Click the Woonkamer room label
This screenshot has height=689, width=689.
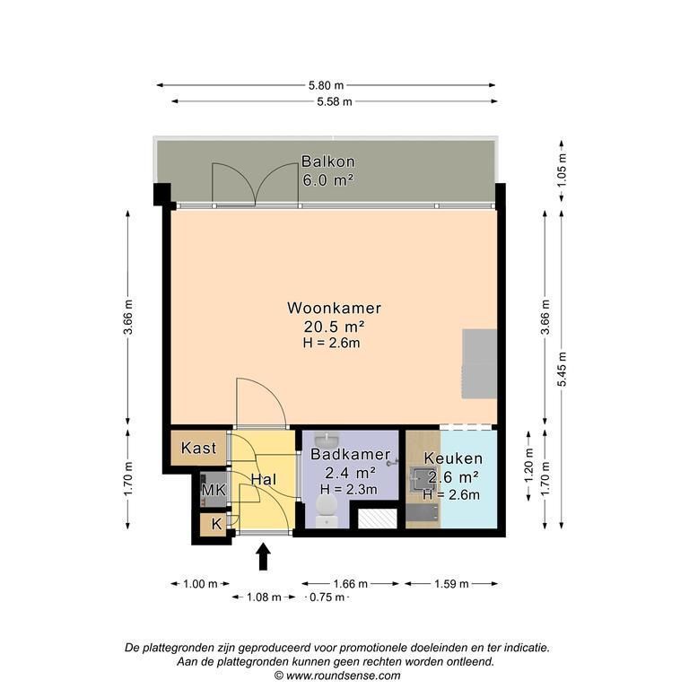click(x=334, y=308)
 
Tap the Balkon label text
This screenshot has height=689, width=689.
click(x=327, y=161)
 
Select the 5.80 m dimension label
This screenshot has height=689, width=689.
click(x=326, y=85)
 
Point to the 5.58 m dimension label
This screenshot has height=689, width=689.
click(x=335, y=102)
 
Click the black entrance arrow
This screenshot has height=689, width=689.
click(x=263, y=557)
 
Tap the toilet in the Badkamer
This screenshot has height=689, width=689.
click(x=327, y=510)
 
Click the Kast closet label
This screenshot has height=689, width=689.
click(x=198, y=449)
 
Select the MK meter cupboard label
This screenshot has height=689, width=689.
click(x=214, y=490)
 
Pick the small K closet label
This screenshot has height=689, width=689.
click(x=216, y=524)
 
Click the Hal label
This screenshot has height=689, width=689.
click(x=264, y=479)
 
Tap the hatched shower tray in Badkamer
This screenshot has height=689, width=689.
click(x=378, y=519)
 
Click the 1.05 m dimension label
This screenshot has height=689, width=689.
click(x=562, y=170)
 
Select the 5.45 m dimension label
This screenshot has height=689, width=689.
click(x=562, y=369)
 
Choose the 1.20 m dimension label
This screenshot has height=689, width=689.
click(x=528, y=466)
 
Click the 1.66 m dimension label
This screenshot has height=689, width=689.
click(x=350, y=584)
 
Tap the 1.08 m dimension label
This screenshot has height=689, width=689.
click(x=264, y=597)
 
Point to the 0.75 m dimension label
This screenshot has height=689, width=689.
click(x=327, y=597)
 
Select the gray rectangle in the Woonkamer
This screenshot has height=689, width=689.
click(x=479, y=364)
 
